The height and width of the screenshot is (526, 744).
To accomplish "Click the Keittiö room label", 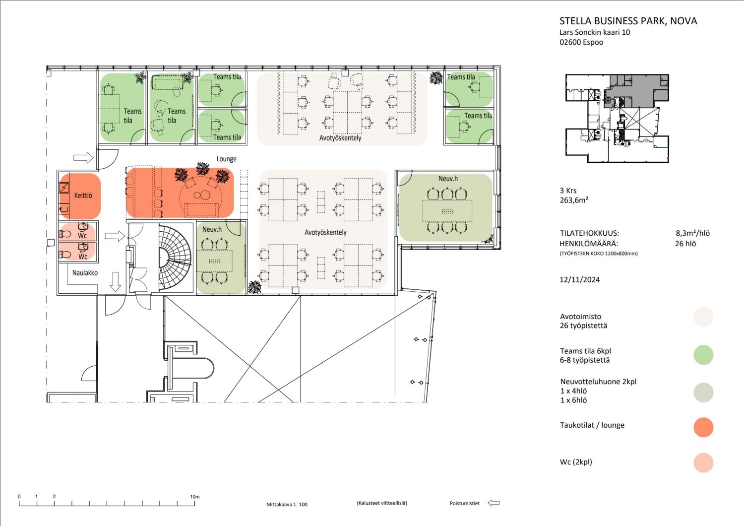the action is pos(83,196).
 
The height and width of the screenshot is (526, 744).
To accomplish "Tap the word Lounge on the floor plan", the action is pos(227,159).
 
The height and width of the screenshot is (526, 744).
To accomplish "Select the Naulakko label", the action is pos(85,273).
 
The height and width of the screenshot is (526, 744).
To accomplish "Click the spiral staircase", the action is pos(176,258).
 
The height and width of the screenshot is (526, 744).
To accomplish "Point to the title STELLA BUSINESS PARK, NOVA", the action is pos(628,21).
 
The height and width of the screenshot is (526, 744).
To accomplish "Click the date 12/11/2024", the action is pos(580,279).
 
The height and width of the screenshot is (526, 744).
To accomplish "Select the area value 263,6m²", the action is pos(574,200).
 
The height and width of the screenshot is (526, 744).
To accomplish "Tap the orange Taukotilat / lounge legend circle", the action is pos(703,427).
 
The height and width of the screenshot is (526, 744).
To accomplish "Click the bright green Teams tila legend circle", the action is pos(703,354).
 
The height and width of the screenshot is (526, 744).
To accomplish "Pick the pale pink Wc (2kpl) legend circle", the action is pos(703,462).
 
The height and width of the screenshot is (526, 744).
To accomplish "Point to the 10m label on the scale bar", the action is pos(195,496).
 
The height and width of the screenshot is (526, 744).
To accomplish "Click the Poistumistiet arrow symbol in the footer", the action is pos(494,503).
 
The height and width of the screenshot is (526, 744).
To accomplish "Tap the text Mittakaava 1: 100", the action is pos(287,504).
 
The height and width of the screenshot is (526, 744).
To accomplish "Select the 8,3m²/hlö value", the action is pos(692,233).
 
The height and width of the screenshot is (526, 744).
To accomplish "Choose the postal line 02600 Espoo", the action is pos(581,42).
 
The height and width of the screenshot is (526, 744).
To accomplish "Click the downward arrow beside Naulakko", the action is pos(115,282).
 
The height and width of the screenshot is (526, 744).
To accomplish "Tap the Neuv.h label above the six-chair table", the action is pos(448,179).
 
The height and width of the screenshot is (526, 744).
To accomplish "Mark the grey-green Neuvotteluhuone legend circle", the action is pos(703,393).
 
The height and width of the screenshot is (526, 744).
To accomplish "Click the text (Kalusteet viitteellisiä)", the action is pos(382,503).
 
